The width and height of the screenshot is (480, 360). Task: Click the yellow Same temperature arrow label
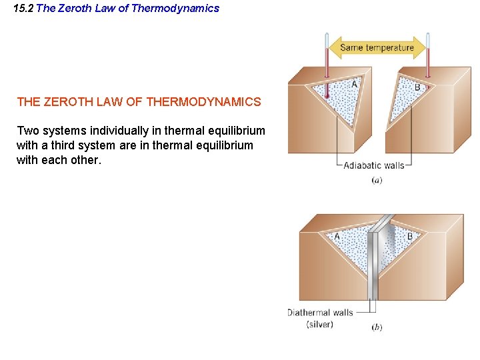(x=377, y=47)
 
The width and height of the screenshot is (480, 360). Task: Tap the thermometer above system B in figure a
(x=427, y=63)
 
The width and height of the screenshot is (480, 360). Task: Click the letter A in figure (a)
(x=354, y=85)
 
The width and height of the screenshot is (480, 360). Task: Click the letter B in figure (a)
(x=417, y=87)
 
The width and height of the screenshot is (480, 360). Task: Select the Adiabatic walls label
(x=373, y=165)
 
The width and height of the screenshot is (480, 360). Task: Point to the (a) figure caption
(x=377, y=180)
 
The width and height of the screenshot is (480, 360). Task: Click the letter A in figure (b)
(x=337, y=236)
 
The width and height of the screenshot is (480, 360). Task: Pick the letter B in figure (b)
(x=409, y=236)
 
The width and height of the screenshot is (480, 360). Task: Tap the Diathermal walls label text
(x=320, y=312)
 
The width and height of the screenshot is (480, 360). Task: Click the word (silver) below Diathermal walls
(x=320, y=324)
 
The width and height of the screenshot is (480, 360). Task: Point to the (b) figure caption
(x=377, y=327)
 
